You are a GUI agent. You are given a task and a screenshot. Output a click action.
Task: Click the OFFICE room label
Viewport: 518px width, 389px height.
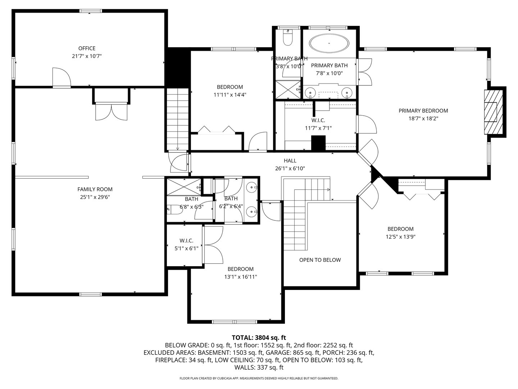coord(87,48)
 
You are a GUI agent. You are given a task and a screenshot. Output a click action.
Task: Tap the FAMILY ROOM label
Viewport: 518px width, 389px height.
coord(95,189)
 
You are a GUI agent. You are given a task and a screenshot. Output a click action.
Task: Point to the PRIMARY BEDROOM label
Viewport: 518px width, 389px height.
coord(423,111)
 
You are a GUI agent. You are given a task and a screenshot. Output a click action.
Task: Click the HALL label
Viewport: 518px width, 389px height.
coord(290,161)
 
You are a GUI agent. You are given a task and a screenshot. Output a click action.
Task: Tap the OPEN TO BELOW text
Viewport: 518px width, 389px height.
coord(320,260)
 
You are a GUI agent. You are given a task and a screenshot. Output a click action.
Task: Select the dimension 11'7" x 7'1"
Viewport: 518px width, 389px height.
coord(318,128)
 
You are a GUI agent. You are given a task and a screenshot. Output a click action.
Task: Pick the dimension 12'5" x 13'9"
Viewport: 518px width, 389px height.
coord(400,237)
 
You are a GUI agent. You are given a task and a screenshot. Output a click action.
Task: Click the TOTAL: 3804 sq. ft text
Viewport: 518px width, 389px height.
coord(259,337)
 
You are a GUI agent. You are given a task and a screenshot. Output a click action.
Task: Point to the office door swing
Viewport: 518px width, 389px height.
coord(61,77)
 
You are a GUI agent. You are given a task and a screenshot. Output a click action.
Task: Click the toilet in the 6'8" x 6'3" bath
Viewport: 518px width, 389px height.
coord(174,209)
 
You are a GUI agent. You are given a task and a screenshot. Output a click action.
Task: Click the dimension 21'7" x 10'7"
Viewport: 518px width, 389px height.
coord(87,56)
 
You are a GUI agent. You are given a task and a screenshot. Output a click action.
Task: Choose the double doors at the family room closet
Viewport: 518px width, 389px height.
coord(111,112)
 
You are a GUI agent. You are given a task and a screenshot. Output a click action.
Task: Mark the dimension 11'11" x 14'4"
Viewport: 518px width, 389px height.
coord(230,95)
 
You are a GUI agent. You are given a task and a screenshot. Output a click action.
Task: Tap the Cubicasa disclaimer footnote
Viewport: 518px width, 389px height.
coord(259,378)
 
